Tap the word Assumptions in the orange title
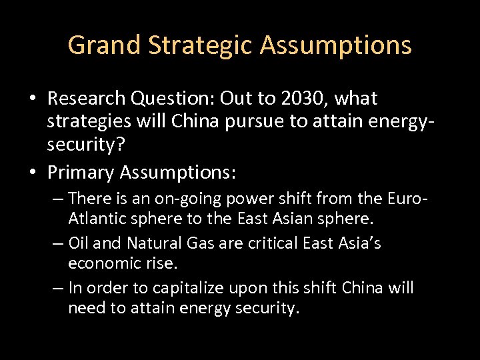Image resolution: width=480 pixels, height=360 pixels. [336, 45]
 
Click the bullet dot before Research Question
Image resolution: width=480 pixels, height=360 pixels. [32, 99]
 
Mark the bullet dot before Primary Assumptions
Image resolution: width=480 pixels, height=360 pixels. [32, 173]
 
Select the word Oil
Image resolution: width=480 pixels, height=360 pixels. [78, 243]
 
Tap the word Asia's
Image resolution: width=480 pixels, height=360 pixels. [358, 243]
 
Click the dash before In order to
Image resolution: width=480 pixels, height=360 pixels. [57, 288]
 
